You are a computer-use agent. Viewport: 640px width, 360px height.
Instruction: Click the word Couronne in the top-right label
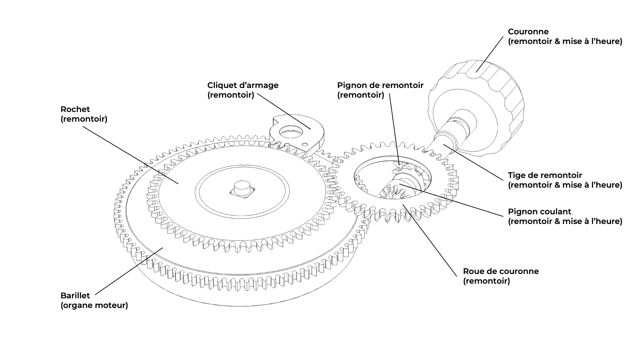528,32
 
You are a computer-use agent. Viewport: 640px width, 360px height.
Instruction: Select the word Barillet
75,296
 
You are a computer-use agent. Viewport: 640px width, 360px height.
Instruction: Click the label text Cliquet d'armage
243,85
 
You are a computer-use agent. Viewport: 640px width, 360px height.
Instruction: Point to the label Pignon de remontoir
380,85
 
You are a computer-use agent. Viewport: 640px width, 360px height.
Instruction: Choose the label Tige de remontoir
545,175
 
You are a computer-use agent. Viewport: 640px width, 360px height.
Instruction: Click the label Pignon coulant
539,212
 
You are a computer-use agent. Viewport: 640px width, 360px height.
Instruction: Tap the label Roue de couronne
501,271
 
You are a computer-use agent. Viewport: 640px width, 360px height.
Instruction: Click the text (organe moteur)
94,305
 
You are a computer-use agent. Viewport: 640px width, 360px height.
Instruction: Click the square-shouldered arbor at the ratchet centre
242,189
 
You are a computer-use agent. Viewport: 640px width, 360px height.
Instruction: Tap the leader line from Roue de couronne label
430,240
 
